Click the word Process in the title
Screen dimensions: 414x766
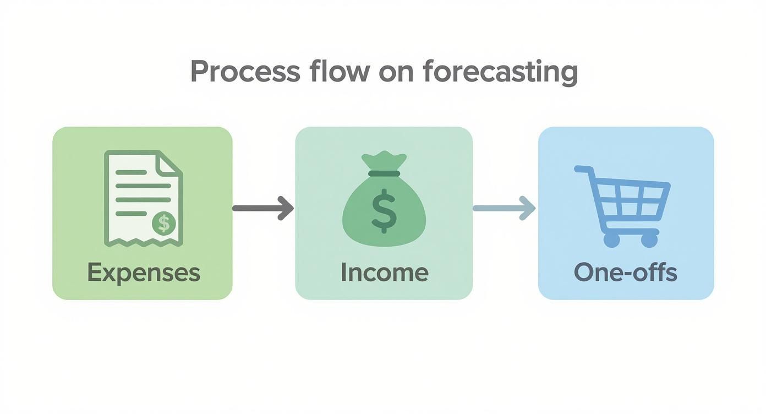[245, 72]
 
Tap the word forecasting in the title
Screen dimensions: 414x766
[500, 73]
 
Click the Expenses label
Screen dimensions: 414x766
[143, 273]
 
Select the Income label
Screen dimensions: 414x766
[384, 273]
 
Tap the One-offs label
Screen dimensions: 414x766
[626, 273]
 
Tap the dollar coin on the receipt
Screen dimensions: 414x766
[163, 223]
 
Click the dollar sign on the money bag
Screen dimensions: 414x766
[384, 211]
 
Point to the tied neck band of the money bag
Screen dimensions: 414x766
[384, 173]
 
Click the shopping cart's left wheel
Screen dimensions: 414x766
[611, 240]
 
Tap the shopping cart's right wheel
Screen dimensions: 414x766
[649, 240]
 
